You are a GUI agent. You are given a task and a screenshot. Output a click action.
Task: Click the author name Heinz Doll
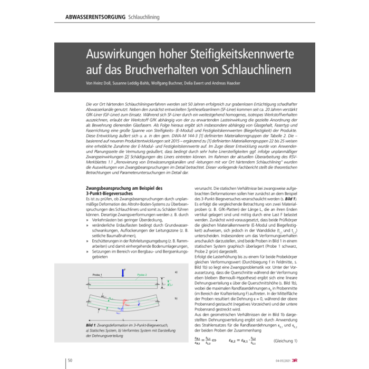pyautogui.click(x=105, y=84)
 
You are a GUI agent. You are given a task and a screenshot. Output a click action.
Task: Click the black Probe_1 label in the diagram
pyautogui.click(x=96, y=275)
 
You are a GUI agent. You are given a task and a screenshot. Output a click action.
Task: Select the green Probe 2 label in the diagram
pyautogui.click(x=141, y=275)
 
